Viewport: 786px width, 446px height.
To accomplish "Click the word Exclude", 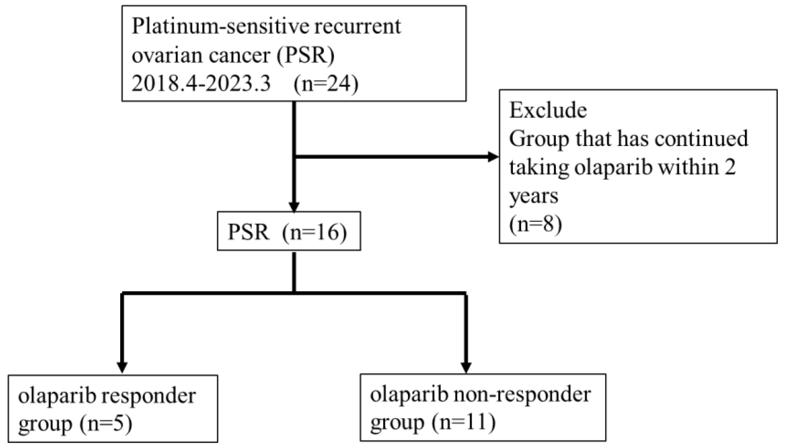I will [x=548, y=110].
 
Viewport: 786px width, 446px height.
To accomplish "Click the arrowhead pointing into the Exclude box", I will [x=492, y=157].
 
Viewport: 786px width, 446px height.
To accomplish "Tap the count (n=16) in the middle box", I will [x=314, y=232].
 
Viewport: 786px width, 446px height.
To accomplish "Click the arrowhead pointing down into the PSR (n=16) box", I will [x=294, y=207].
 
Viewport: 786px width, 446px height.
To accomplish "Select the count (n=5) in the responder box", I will [x=106, y=423].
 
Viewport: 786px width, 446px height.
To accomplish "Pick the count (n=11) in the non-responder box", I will [x=463, y=422].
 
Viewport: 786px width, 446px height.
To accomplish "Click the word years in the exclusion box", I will [x=534, y=196].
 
